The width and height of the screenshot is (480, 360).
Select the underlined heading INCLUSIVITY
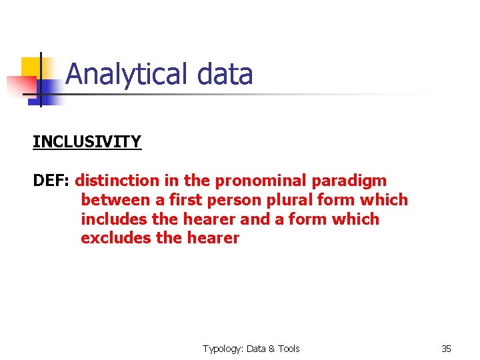click(x=87, y=142)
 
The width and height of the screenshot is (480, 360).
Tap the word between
click(x=115, y=200)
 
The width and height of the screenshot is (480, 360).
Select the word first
click(x=187, y=200)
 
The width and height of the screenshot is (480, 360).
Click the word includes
click(x=113, y=219)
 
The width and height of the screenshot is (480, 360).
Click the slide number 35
click(x=446, y=349)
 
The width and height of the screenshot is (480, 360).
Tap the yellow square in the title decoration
click(x=31, y=67)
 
